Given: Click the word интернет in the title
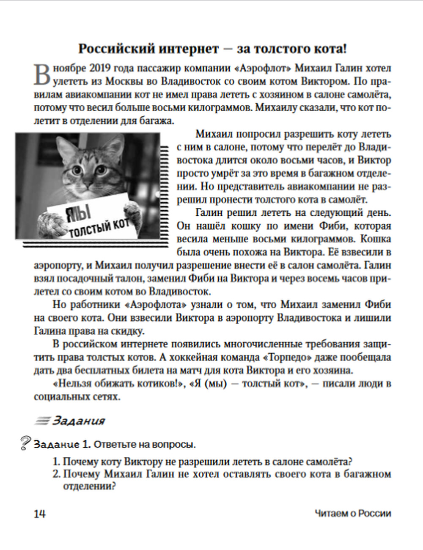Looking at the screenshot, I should point(189,49).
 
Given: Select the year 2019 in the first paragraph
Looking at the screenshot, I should point(101,69).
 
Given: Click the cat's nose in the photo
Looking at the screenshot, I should point(88,184).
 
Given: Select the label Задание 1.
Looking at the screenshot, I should point(62,445).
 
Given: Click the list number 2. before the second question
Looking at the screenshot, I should point(57,474).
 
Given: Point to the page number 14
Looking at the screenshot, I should point(40,514).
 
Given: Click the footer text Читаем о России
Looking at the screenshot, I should point(353,514).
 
